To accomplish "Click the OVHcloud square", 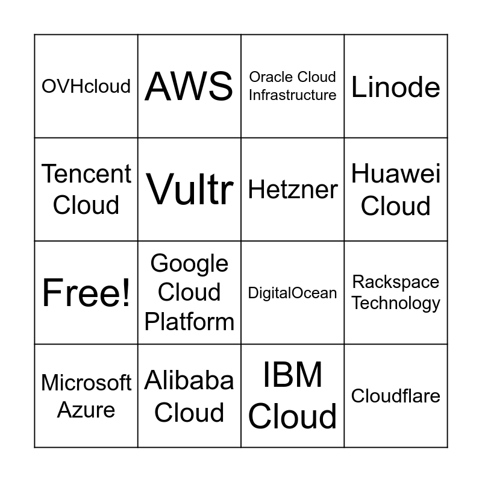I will coord(86,86).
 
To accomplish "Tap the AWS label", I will coord(189,86).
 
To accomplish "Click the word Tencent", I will coord(86,174).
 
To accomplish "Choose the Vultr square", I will coord(189,190).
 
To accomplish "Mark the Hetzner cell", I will coord(293,190).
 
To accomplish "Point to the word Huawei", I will coord(396,174).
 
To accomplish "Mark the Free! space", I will coord(86,293).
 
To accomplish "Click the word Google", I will coord(189,263).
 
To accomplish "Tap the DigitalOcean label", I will coord(293,293).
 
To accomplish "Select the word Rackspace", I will coord(396,282).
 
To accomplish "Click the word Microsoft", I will coord(86,383).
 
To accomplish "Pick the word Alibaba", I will coord(189,381).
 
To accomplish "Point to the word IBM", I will coord(293,375).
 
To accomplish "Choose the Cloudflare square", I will coord(396,396).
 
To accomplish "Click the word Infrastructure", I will coord(293,95).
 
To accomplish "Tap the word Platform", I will coord(189,322).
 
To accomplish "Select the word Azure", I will coord(86,410).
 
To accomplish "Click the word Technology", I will coord(396,302).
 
